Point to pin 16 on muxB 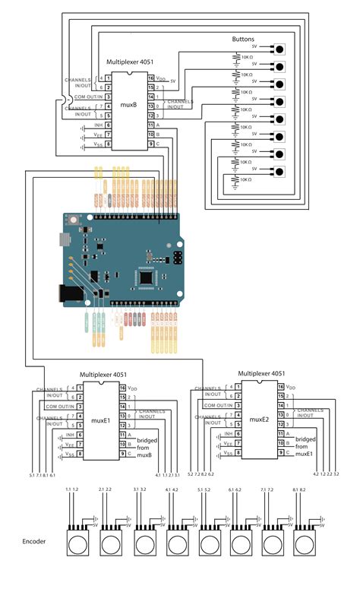pyautogui.click(x=152, y=78)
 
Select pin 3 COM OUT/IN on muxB pyautogui.click(x=109, y=97)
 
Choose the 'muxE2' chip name pyautogui.click(x=260, y=419)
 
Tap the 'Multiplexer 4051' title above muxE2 pyautogui.click(x=261, y=374)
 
